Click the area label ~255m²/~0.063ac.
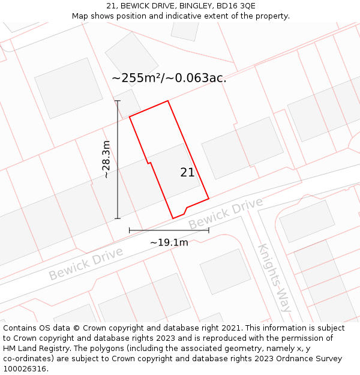tap(169, 78)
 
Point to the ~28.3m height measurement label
tap(106, 160)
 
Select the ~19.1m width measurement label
tap(169, 242)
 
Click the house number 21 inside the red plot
tap(187, 173)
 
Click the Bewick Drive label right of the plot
tap(225, 213)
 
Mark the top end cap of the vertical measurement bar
tap(118, 101)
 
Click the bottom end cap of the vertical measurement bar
tap(118, 218)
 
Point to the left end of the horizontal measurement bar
tap(130, 230)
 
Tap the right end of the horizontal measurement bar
tap(209, 230)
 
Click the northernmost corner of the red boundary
tap(167, 101)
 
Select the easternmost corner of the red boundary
tap(209, 198)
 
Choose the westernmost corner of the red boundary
tap(130, 116)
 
